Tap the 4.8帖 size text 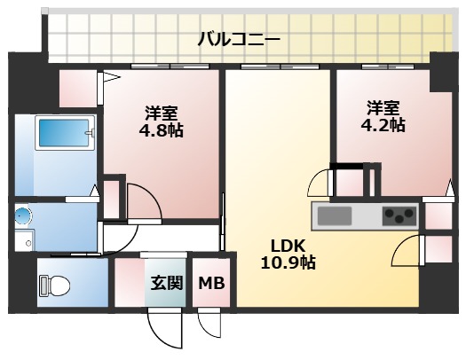[162, 131]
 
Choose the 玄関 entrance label [165, 284]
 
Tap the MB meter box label [210, 284]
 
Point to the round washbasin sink [22, 215]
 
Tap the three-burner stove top [399, 215]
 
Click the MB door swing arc [209, 325]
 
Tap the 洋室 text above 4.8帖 [162, 113]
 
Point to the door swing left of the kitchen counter [319, 184]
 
